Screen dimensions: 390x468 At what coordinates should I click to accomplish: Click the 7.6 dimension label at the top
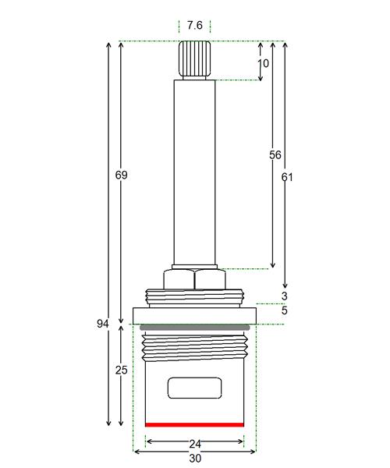coord(194,26)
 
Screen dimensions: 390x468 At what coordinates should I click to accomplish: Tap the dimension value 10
coord(263,63)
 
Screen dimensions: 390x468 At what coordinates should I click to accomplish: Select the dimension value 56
coord(275,155)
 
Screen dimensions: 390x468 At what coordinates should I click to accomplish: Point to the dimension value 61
coord(287,177)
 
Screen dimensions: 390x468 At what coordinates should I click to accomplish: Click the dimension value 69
coord(121,175)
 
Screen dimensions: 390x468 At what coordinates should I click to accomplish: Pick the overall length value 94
coord(103,324)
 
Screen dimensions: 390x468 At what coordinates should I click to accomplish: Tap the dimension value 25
coord(121,370)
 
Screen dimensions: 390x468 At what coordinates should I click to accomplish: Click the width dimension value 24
coord(195,444)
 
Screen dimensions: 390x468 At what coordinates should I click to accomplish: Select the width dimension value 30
coord(195,458)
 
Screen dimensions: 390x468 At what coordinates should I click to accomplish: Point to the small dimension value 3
coord(285,296)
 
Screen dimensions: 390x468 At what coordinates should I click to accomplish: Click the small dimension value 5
coord(285,310)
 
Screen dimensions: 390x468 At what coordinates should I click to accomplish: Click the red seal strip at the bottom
coord(194,425)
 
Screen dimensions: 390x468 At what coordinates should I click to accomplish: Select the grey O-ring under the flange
coord(194,328)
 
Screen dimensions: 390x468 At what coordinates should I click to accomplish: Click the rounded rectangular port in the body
coord(194,388)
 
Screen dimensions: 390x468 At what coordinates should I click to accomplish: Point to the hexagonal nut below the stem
coord(194,279)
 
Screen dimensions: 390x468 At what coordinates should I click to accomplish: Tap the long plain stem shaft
coord(194,172)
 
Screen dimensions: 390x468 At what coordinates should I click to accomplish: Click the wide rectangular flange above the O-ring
coord(194,316)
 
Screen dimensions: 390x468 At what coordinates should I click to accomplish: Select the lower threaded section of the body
coord(194,348)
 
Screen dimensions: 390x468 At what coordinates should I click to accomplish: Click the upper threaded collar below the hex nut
coord(194,297)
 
